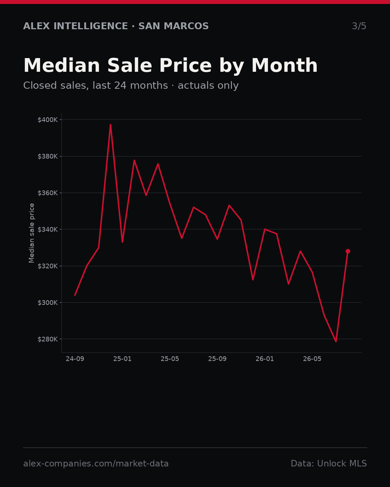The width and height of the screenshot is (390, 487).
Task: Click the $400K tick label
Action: [x=48, y=120]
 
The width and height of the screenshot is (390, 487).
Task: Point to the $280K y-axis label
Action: [x=48, y=339]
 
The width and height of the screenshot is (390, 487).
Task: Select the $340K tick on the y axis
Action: [x=48, y=229]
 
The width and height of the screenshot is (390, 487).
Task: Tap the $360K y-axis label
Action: [x=48, y=193]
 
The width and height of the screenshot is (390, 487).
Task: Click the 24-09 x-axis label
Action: [x=75, y=359]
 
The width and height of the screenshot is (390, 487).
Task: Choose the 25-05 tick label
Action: [x=170, y=359]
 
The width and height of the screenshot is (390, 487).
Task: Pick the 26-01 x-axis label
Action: [x=265, y=359]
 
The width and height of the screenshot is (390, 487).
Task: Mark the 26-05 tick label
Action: [x=312, y=359]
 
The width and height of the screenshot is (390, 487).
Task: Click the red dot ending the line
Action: [x=348, y=251]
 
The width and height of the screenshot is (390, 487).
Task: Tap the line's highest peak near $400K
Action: [x=110, y=124]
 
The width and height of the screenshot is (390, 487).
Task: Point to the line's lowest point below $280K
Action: [x=336, y=342]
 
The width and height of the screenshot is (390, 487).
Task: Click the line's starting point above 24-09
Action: [x=75, y=295]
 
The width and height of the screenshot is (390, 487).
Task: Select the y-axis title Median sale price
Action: [x=31, y=233]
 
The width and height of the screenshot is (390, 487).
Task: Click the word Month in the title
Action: [x=285, y=65]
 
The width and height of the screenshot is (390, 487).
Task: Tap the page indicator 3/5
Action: [x=359, y=26]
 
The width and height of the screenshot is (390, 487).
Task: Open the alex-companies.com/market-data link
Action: [x=96, y=464]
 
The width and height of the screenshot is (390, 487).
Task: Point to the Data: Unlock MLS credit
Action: [x=329, y=464]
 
